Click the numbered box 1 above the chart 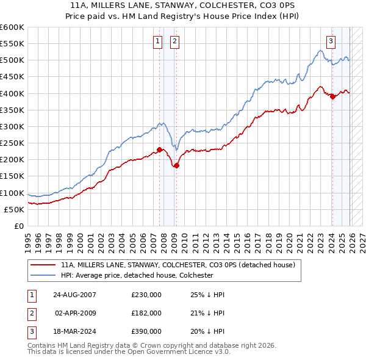click(158, 41)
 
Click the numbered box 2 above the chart click(174, 41)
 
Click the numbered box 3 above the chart click(331, 41)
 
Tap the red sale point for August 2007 click(159, 149)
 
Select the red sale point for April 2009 click(176, 165)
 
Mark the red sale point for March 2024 click(332, 96)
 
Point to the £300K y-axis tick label click(12, 126)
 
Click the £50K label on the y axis click(14, 209)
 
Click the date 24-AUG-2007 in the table click(74, 295)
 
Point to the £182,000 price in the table click(146, 313)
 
